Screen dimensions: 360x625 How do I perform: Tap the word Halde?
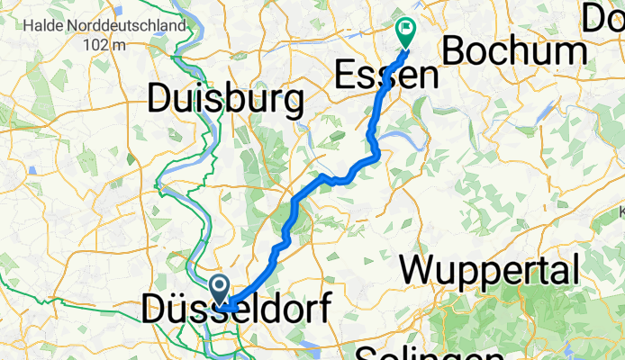coord(43,25)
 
